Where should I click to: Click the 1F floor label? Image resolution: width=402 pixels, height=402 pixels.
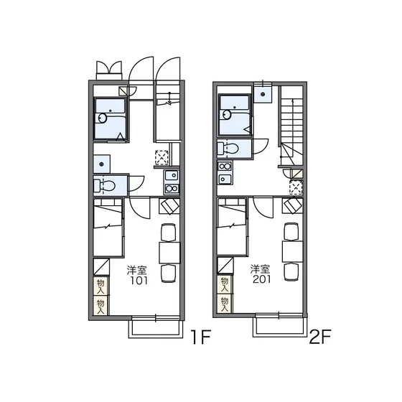click(201, 337)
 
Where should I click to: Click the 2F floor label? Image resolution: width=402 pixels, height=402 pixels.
click(320, 336)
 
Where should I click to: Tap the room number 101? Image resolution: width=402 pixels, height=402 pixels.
click(139, 281)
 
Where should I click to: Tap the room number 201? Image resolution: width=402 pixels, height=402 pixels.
click(261, 279)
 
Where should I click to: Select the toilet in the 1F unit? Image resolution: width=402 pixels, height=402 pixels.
click(105, 186)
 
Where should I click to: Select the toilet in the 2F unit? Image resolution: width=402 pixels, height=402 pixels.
click(228, 149)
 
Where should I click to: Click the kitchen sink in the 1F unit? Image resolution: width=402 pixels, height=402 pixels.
click(172, 176)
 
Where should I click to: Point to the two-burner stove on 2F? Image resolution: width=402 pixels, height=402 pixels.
click(225, 167)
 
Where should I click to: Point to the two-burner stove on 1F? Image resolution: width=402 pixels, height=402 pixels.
click(172, 189)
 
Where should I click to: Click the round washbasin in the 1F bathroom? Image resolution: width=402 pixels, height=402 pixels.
click(103, 118)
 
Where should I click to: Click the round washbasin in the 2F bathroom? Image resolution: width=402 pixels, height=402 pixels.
click(227, 114)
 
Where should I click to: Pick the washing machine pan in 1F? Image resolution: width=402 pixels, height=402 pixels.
click(101, 164)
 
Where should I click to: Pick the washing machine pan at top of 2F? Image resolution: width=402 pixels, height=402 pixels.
click(263, 94)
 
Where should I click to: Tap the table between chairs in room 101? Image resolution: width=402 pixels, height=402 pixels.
click(169, 253)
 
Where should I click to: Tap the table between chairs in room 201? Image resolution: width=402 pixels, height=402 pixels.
click(293, 251)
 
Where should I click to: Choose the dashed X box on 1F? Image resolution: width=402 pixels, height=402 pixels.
click(162, 157)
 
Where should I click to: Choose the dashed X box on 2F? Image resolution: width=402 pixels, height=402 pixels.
click(296, 187)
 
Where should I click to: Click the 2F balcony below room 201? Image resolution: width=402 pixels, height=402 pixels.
click(280, 327)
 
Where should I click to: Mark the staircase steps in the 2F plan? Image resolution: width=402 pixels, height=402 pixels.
click(292, 126)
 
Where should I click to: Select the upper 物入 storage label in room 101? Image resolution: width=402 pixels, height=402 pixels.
click(100, 286)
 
